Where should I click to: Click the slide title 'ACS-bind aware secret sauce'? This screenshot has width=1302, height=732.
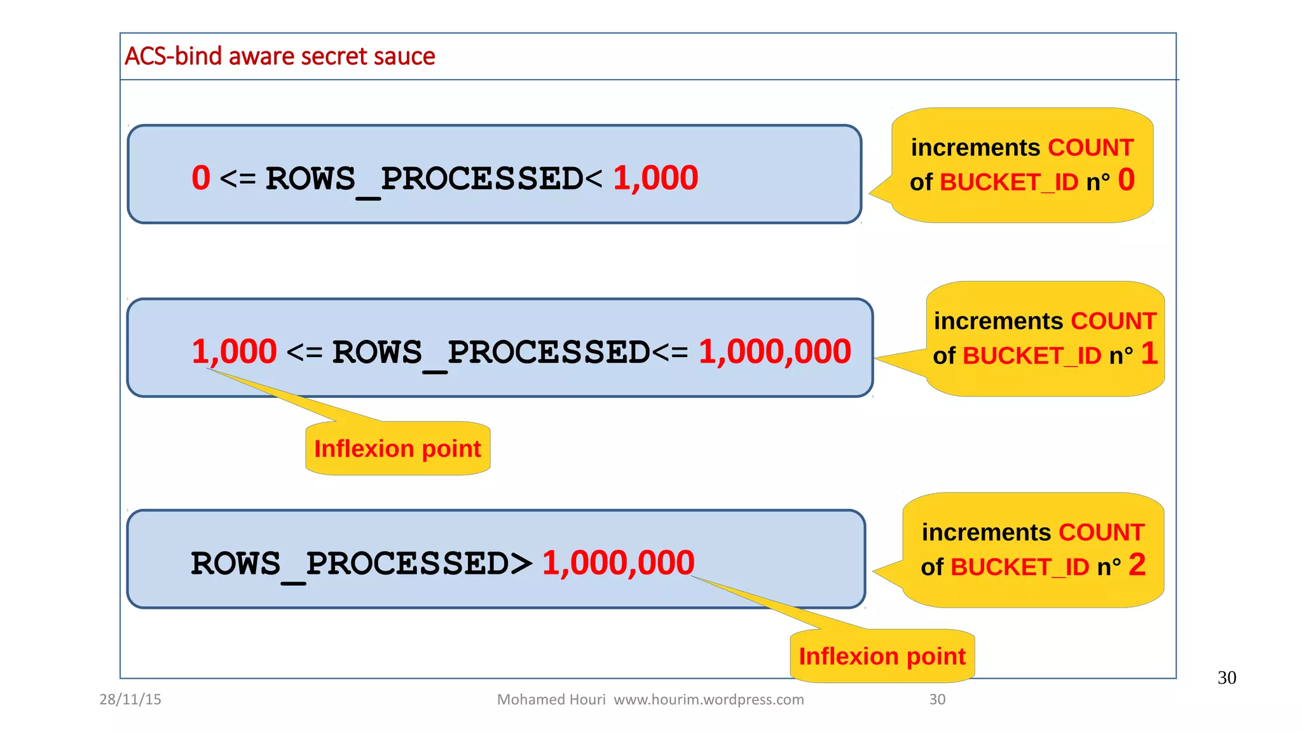click(x=280, y=57)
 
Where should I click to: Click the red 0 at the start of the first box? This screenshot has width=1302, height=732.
click(x=201, y=178)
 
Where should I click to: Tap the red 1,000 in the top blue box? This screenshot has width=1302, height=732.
click(x=655, y=178)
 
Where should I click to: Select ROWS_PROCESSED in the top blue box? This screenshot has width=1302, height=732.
click(x=424, y=179)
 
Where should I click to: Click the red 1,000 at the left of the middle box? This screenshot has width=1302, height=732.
click(x=235, y=351)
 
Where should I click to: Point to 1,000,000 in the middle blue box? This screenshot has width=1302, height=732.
click(x=774, y=351)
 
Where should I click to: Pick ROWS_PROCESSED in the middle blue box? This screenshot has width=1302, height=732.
click(x=491, y=353)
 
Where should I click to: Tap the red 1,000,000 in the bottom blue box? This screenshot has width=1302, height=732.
click(x=618, y=563)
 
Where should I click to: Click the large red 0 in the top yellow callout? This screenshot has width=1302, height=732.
click(x=1126, y=180)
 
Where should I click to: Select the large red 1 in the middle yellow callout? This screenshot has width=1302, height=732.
click(x=1149, y=353)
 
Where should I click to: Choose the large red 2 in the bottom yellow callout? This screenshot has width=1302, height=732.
click(x=1137, y=565)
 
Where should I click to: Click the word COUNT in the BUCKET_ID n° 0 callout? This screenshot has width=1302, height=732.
click(x=1090, y=147)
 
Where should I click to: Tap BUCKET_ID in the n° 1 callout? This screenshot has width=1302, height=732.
click(x=1032, y=356)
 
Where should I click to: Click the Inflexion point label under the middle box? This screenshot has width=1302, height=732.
click(x=397, y=449)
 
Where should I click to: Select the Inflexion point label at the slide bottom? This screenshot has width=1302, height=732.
click(x=882, y=656)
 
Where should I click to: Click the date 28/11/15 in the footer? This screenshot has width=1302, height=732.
click(x=130, y=700)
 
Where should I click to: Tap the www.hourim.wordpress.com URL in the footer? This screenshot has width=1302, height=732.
click(x=708, y=700)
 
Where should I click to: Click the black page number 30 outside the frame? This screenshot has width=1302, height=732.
click(x=1226, y=678)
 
